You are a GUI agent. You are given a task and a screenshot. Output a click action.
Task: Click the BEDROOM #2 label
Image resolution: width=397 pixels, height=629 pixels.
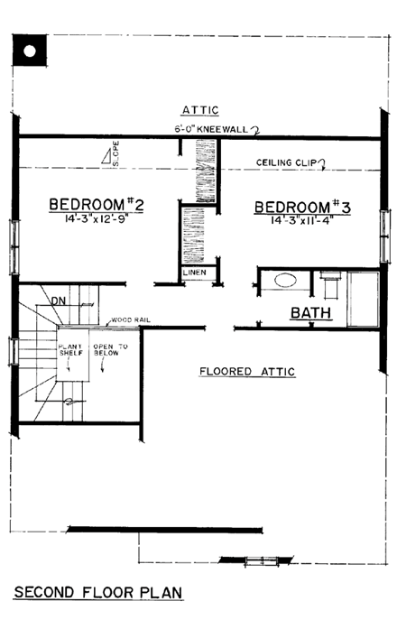[x=97, y=205]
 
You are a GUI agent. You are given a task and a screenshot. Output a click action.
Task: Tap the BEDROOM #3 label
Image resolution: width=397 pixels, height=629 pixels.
[x=301, y=206]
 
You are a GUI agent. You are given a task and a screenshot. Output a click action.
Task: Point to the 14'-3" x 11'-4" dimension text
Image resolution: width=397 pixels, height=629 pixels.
[x=301, y=219]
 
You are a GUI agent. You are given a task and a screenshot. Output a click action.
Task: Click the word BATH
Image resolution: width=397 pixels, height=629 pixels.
[x=310, y=313]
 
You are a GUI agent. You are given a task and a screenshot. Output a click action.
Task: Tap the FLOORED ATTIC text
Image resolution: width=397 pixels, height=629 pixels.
[x=247, y=371]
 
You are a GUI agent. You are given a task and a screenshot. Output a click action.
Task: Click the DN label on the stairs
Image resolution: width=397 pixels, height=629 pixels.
[x=57, y=301]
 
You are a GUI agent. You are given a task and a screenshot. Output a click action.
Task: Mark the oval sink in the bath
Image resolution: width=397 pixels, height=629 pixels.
[x=284, y=281]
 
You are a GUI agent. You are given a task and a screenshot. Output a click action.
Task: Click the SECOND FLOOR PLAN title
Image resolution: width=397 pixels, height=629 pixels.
[x=98, y=593]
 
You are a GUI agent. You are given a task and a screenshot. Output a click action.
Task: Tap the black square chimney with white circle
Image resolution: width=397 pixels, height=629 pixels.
[x=28, y=51]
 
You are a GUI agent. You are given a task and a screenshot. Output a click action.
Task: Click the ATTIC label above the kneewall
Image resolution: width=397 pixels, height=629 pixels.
[x=200, y=109]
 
